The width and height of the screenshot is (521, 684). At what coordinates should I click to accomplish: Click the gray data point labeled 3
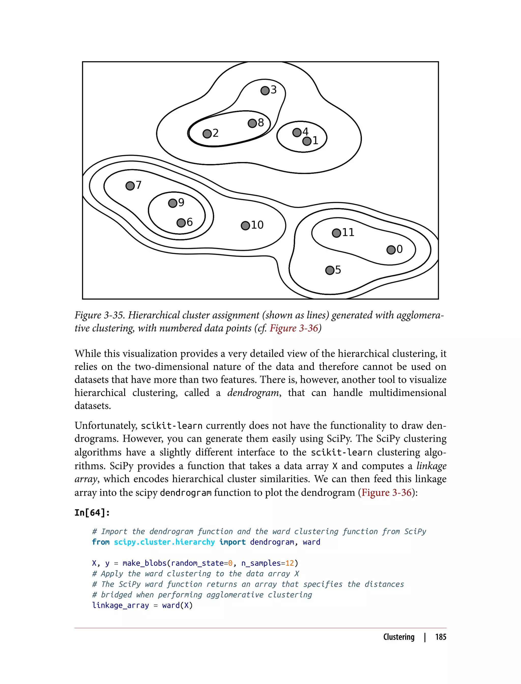265,91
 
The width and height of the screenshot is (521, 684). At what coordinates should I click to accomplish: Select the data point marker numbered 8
252,123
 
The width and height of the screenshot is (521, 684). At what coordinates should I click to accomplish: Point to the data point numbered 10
245,225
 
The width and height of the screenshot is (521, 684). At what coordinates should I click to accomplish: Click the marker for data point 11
336,233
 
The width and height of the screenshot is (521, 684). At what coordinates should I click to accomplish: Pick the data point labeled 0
391,250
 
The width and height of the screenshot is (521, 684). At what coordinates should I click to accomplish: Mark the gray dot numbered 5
330,270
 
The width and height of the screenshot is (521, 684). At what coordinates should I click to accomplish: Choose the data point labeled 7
130,186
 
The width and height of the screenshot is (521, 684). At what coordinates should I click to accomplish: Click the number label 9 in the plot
181,202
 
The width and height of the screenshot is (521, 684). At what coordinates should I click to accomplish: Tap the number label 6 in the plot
190,222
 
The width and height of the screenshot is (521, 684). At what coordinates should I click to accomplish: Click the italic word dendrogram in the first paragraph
253,393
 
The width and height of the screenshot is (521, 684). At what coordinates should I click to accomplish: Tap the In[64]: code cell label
92,512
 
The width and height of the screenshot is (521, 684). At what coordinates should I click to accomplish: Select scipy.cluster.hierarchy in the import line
164,542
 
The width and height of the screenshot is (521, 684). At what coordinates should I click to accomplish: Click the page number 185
440,637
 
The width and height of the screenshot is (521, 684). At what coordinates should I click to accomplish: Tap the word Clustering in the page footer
398,637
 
